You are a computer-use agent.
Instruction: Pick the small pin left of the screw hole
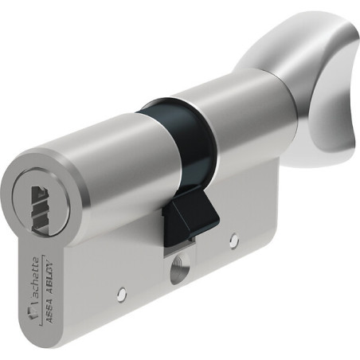click(x=122, y=294)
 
